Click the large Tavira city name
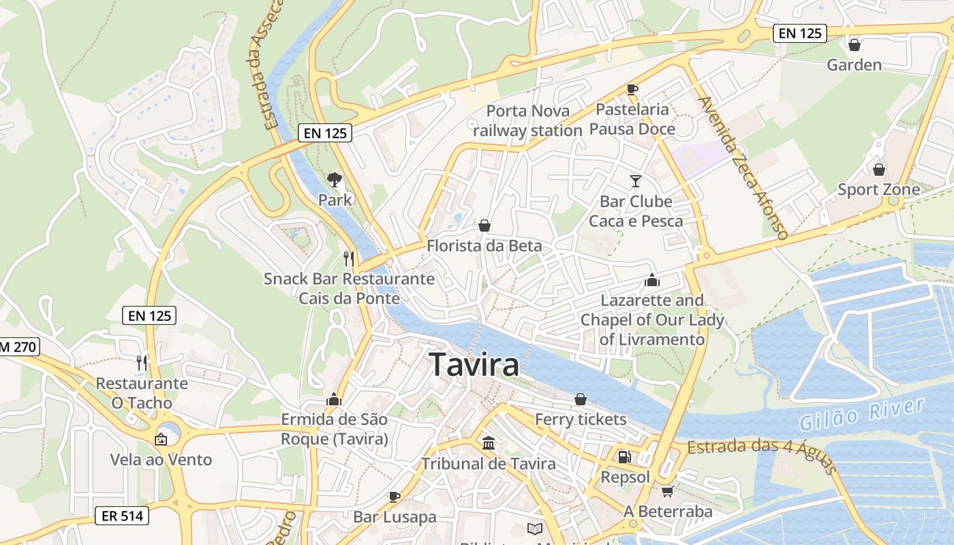point(474,365)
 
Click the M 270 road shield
point(19,347)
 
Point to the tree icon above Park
point(334,179)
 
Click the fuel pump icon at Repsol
point(624,456)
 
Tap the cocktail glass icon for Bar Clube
point(635,181)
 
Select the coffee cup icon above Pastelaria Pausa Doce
point(632,89)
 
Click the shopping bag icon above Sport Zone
point(879,169)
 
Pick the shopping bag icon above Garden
point(854,45)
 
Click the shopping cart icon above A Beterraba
point(667,491)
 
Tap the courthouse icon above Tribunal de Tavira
point(489,443)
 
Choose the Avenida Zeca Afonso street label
point(743,168)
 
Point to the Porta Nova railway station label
point(527,121)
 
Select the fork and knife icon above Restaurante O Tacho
point(141,362)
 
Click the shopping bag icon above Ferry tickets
point(581,399)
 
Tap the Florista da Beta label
point(484,246)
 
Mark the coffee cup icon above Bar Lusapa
point(394,496)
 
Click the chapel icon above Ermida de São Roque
point(334,399)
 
